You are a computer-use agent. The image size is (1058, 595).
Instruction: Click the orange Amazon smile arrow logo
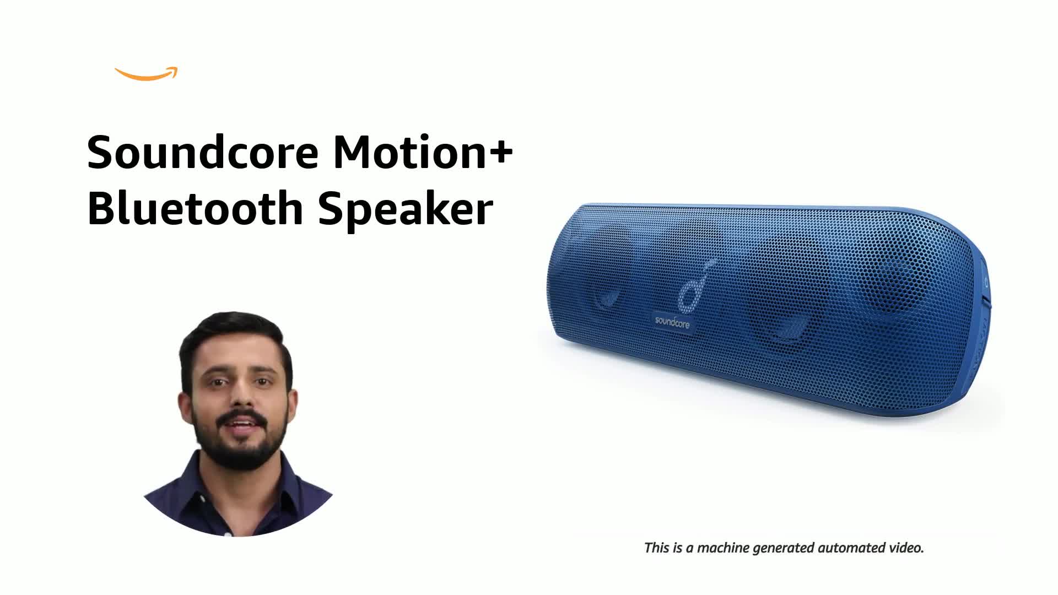pos(146,74)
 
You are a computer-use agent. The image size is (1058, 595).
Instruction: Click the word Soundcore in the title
pos(203,153)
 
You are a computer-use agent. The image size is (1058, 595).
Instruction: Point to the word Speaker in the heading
pos(405,209)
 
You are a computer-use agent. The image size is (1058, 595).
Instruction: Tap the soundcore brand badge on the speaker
pos(672,322)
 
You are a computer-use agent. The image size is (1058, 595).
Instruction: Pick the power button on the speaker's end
pos(985,284)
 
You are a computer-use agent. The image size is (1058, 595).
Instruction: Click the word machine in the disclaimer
pos(724,548)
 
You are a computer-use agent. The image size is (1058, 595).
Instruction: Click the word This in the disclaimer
pos(657,548)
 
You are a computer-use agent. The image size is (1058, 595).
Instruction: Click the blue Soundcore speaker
pos(771,309)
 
